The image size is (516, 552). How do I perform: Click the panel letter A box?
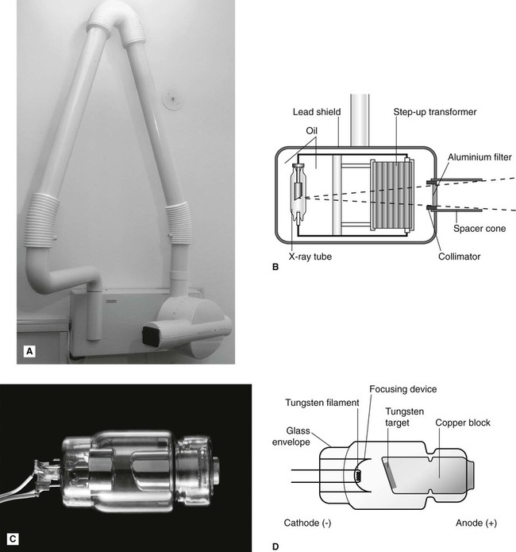coord(30,349)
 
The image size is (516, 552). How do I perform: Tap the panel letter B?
coord(275,268)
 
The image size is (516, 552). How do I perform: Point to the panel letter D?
coord(275,546)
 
